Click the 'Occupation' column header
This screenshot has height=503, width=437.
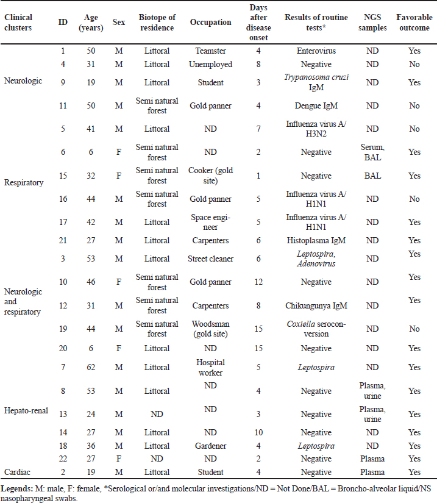[210, 22]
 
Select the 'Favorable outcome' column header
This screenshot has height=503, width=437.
[414, 22]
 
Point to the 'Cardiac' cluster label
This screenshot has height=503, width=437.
[18, 472]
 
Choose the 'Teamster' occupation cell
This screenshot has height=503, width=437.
[210, 51]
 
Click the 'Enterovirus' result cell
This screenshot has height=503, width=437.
[316, 51]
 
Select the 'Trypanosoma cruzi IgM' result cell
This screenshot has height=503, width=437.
[316, 82]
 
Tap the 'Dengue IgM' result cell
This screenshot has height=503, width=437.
[316, 105]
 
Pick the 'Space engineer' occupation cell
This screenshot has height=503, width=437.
[210, 222]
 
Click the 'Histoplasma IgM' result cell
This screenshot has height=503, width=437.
[316, 241]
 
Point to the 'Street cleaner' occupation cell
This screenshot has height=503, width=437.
[210, 259]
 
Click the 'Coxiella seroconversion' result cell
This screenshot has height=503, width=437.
[316, 329]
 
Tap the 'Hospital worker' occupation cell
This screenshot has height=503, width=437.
[210, 367]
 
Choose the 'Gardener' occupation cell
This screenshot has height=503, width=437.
[210, 446]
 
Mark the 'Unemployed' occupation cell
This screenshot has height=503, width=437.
[210, 63]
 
